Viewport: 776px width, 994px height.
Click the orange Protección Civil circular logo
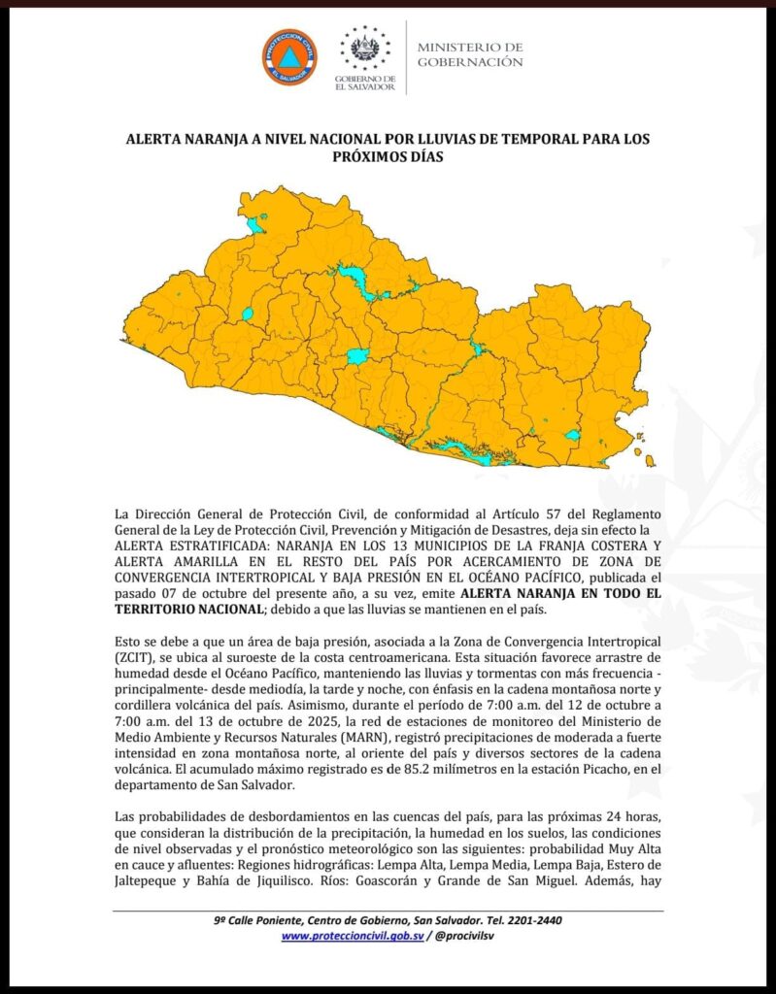point(288,57)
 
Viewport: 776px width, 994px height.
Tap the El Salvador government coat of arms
point(365,49)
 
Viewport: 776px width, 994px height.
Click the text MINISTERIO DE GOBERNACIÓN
point(470,54)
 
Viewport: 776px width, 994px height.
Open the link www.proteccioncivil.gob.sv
point(354,936)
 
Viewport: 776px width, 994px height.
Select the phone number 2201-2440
point(530,920)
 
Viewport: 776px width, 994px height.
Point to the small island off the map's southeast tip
point(649,460)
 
